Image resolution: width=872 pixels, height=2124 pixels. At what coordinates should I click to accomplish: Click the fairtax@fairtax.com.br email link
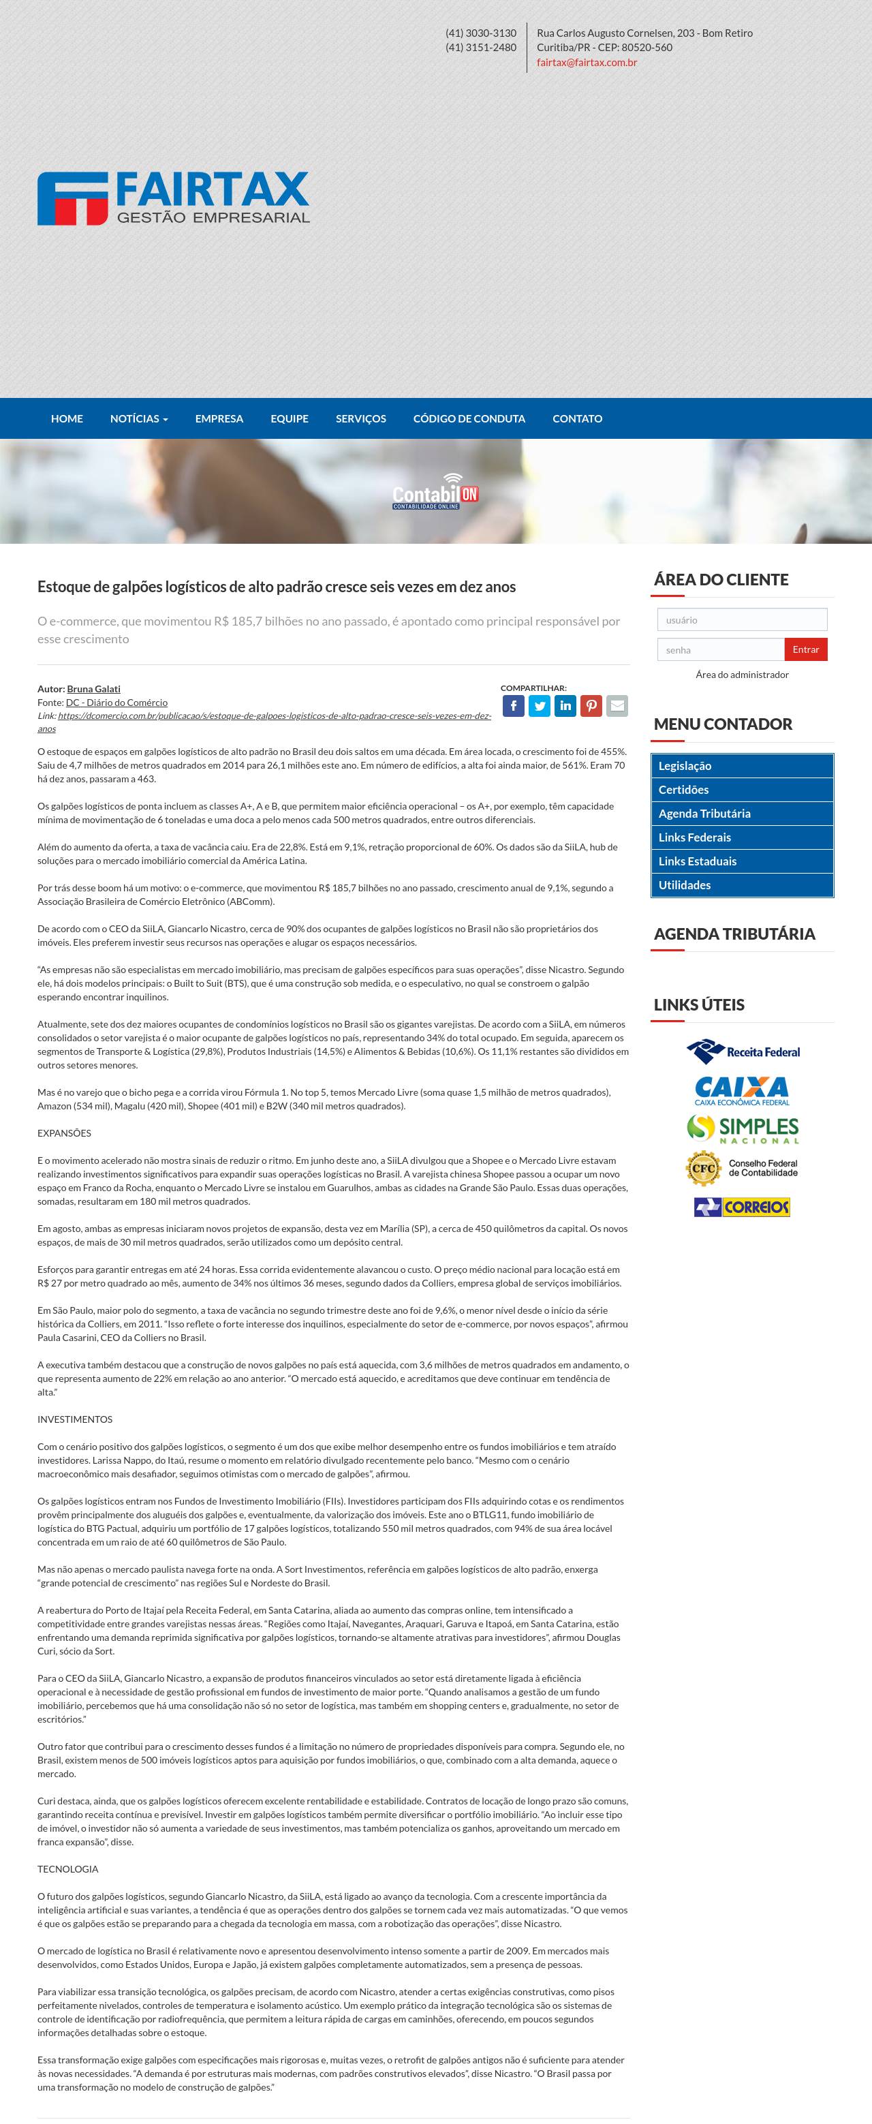[586, 63]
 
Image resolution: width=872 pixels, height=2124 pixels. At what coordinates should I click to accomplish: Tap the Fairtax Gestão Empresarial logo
[173, 198]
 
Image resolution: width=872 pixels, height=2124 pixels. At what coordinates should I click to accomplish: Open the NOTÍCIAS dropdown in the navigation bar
[138, 419]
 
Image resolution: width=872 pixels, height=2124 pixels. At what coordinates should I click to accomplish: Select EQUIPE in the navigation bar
[290, 419]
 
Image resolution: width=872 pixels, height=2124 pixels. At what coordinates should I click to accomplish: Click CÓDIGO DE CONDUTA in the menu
[469, 419]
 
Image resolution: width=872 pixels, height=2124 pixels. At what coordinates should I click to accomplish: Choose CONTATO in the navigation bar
[577, 419]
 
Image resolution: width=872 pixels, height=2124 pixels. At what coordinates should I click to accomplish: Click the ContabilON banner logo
[435, 492]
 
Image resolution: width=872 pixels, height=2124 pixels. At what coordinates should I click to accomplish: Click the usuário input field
[742, 620]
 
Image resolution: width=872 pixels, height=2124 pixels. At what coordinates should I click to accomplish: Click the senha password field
[720, 649]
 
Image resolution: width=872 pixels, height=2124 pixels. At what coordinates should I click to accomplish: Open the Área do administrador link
[742, 675]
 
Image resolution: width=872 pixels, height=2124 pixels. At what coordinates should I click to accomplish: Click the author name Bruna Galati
[93, 688]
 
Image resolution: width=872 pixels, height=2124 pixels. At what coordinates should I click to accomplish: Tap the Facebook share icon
[513, 706]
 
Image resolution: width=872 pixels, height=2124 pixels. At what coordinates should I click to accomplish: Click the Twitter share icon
[539, 706]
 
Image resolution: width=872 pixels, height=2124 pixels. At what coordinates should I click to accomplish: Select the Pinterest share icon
[591, 706]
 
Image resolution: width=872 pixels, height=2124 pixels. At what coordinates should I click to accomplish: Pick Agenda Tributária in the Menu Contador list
[704, 814]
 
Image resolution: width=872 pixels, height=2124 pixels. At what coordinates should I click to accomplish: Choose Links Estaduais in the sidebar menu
[698, 861]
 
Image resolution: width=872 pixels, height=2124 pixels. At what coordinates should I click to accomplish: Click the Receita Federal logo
[743, 1051]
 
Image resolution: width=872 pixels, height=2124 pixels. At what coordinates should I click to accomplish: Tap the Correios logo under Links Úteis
[742, 1207]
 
